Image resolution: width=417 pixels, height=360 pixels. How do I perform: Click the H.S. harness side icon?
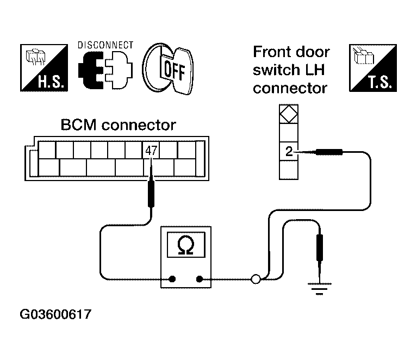(44, 68)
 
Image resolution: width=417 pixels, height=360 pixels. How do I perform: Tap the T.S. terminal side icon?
(373, 68)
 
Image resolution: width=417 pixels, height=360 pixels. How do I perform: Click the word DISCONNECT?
(105, 45)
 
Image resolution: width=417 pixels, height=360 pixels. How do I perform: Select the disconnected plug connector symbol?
(105, 70)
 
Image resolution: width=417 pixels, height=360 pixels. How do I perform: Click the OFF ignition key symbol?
(168, 69)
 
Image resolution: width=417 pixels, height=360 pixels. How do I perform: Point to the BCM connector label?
(119, 125)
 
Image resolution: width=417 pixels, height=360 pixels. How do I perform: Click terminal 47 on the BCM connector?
(151, 151)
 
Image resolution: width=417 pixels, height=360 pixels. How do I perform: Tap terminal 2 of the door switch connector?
(289, 151)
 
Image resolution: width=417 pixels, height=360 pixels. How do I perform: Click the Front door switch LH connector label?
(291, 70)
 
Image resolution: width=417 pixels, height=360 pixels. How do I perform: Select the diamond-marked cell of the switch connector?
(289, 114)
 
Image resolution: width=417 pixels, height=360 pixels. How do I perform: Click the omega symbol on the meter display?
(186, 245)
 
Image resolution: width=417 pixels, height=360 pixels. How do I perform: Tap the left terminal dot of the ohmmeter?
(172, 279)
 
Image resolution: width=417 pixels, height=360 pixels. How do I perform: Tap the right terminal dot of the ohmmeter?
(199, 279)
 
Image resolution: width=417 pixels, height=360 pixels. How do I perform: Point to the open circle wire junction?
(256, 279)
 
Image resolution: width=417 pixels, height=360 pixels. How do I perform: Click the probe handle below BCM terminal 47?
(151, 194)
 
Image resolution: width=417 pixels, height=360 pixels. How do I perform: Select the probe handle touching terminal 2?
(329, 152)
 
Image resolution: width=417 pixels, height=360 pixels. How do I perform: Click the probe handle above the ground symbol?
(320, 247)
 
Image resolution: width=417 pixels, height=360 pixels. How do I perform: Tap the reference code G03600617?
(55, 314)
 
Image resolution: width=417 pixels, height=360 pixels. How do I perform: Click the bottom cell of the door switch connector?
(289, 170)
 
